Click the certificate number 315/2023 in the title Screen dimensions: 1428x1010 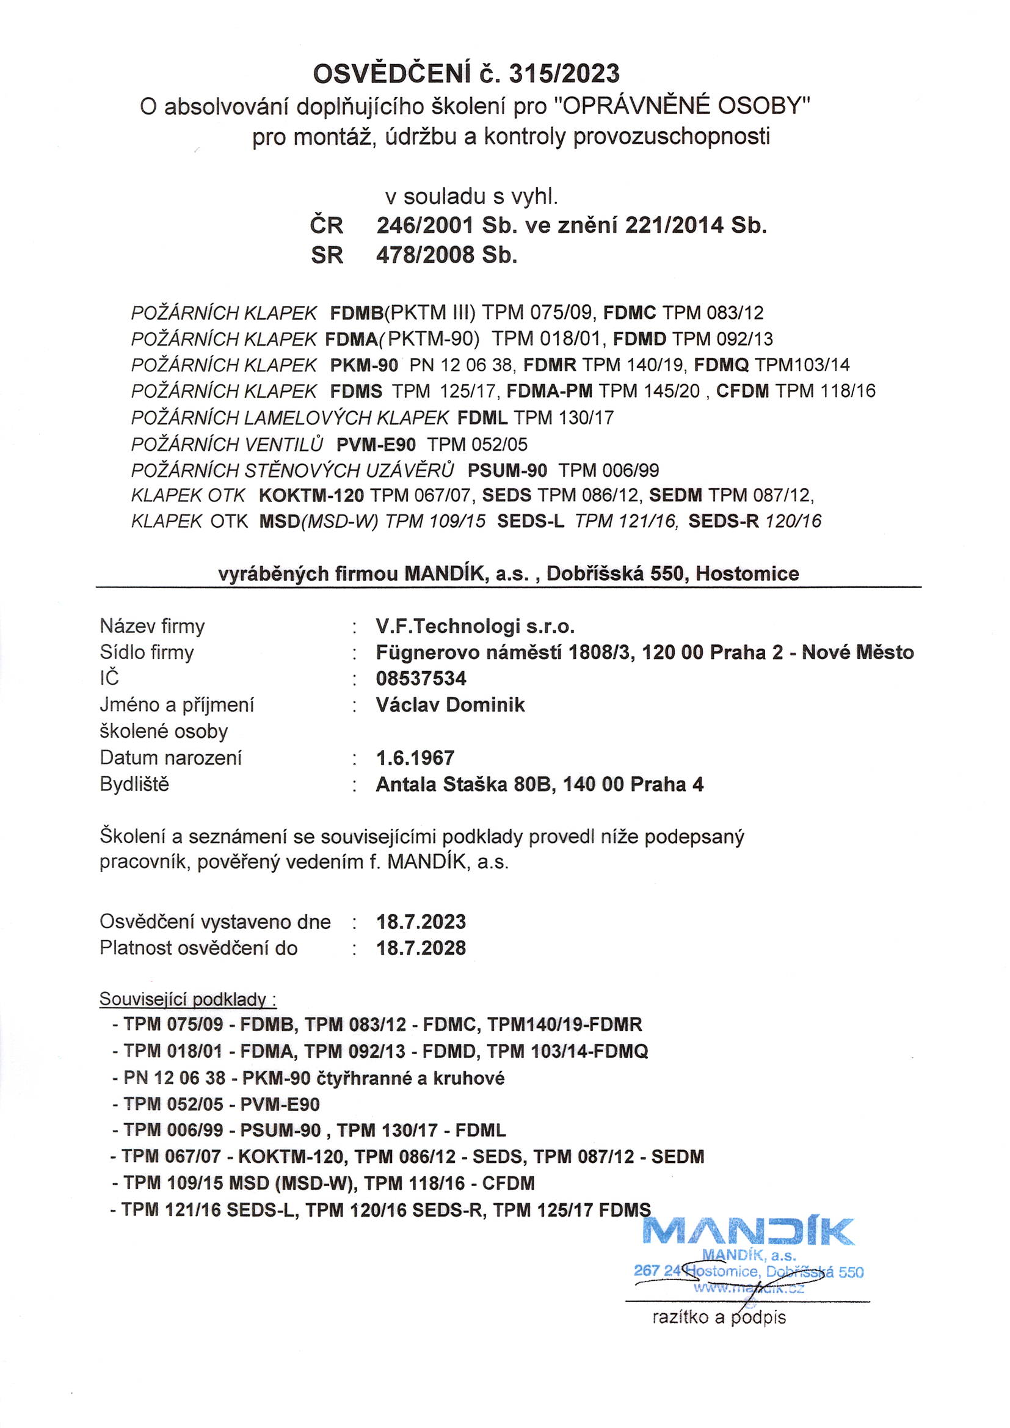pyautogui.click(x=564, y=74)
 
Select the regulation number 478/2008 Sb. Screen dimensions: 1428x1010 pyautogui.click(x=446, y=255)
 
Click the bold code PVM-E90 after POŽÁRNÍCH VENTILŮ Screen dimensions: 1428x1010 pyautogui.click(x=376, y=444)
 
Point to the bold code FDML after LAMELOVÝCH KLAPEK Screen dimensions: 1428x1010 pyautogui.click(x=482, y=417)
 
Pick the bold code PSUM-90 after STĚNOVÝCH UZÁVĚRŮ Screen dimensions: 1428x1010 pyautogui.click(x=507, y=470)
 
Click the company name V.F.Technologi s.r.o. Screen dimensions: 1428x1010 pyautogui.click(x=475, y=625)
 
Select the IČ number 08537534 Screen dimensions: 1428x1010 pyautogui.click(x=421, y=678)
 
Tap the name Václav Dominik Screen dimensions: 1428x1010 pyautogui.click(x=450, y=705)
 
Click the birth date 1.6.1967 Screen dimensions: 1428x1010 pyautogui.click(x=415, y=757)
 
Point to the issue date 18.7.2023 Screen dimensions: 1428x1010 pyautogui.click(x=421, y=921)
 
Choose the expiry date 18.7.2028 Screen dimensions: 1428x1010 pyautogui.click(x=421, y=948)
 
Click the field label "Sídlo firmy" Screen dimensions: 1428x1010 pyautogui.click(x=147, y=652)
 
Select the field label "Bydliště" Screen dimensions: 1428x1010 pyautogui.click(x=134, y=784)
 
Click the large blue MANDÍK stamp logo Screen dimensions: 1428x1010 pyautogui.click(x=747, y=1232)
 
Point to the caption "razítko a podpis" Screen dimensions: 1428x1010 pyautogui.click(x=719, y=1317)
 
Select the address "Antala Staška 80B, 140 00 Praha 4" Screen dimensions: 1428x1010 pyautogui.click(x=539, y=784)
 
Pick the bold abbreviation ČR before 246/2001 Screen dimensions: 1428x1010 pyautogui.click(x=327, y=225)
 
